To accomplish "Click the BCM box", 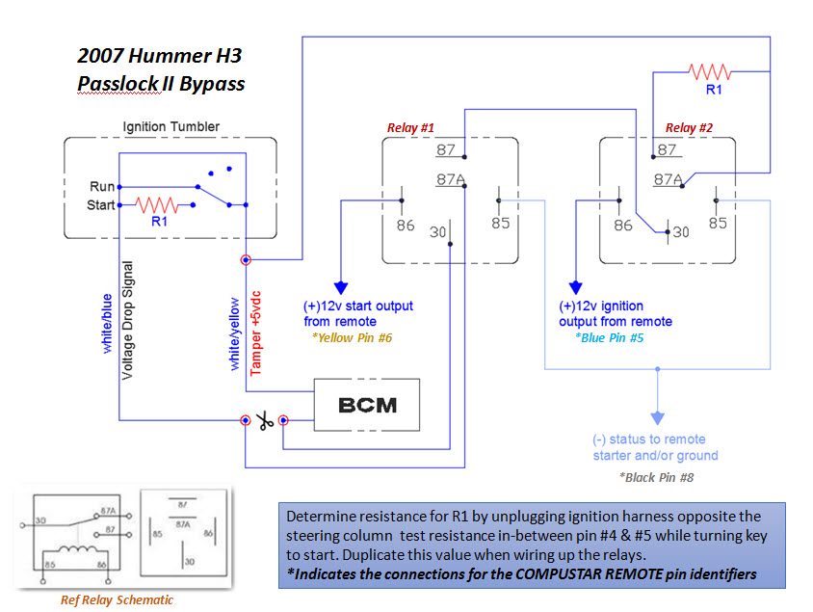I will [368, 405].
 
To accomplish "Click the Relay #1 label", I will [411, 127].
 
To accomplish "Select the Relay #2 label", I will [690, 127].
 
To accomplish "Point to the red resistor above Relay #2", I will [710, 71].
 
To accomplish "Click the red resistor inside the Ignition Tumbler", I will [155, 205].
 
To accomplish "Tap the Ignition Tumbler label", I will [170, 126].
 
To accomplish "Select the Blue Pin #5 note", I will [609, 338].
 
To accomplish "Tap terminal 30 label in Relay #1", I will [437, 231].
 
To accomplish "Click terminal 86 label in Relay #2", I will [623, 225].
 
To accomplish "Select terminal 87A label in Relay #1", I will [451, 179].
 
